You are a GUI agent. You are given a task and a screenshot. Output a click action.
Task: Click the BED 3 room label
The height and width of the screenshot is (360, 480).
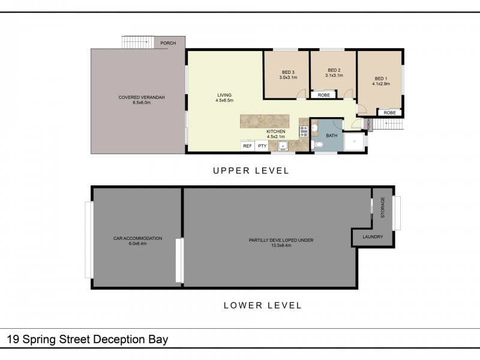pos(287,72)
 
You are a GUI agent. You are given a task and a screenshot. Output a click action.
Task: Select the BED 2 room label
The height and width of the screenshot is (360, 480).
pos(333,71)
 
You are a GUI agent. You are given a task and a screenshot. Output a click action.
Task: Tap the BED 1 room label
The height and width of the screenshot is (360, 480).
pos(381,79)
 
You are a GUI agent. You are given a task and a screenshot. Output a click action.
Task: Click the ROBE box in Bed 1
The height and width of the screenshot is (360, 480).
pos(389,113)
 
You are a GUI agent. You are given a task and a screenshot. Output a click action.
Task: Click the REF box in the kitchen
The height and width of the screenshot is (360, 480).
pos(247,146)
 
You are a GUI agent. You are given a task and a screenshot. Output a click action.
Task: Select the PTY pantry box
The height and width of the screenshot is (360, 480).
pos(262,146)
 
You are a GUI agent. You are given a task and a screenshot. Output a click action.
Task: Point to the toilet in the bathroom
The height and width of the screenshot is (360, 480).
pos(319,146)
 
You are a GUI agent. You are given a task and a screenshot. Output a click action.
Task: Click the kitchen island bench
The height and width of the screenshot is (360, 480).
pos(265,121)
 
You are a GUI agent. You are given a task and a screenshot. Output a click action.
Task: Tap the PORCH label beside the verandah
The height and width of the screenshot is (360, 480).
pos(168,43)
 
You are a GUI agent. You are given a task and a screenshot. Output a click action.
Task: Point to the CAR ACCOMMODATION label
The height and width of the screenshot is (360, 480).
pos(137,238)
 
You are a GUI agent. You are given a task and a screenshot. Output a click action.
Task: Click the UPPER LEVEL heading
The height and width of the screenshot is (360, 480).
pos(251,171)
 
